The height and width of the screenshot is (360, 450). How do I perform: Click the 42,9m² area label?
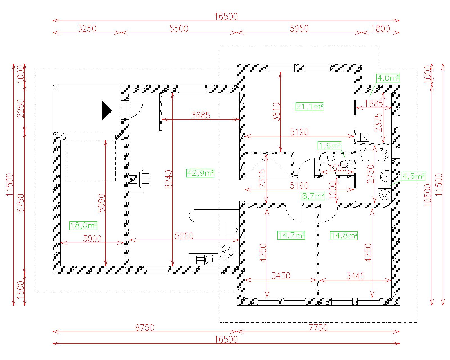(x=200, y=173)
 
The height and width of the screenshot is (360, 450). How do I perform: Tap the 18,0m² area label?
(x=83, y=226)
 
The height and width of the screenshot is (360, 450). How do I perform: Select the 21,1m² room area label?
(x=309, y=107)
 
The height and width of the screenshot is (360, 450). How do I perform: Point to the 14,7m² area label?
(x=291, y=235)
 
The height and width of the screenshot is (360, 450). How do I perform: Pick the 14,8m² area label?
(x=344, y=235)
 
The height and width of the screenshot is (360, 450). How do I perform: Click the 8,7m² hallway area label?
(x=313, y=196)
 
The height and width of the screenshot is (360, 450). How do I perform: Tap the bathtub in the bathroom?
(x=373, y=155)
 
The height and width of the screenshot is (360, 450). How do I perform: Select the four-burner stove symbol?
(x=227, y=253)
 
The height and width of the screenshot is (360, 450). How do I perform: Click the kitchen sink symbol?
(x=205, y=260)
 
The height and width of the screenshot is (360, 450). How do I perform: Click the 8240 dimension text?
(x=169, y=179)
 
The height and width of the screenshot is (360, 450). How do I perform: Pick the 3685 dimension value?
(x=201, y=115)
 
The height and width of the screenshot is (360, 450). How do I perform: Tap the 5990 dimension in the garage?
(x=102, y=203)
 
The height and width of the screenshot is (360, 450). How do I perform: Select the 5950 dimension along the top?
(x=299, y=28)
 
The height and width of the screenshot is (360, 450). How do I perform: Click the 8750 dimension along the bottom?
(x=145, y=328)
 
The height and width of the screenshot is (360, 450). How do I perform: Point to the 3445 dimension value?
(x=355, y=276)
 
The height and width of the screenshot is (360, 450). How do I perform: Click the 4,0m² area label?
(x=388, y=78)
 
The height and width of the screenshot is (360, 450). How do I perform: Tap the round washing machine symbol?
(x=384, y=195)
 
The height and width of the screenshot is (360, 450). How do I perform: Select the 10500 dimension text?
(x=428, y=195)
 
